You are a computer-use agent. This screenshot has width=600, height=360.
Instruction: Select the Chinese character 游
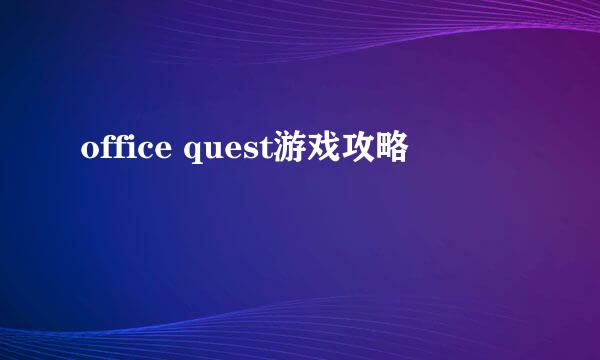[x=293, y=149]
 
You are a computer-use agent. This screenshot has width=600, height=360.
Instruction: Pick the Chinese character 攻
[x=360, y=149]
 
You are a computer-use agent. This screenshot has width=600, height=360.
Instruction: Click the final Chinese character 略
[x=393, y=149]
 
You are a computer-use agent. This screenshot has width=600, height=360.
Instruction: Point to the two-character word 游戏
[x=310, y=149]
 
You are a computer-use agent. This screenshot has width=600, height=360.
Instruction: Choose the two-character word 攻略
[x=377, y=149]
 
